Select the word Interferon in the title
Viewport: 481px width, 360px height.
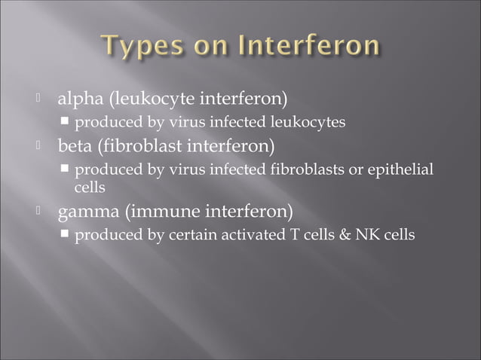309,47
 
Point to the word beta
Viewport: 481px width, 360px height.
78,145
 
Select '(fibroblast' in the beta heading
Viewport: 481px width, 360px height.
139,145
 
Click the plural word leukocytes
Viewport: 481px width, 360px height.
308,122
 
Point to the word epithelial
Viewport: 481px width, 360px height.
403,170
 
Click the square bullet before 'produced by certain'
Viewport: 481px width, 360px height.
66,235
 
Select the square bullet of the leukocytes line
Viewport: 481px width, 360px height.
66,122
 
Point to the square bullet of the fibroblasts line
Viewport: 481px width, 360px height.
66,170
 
